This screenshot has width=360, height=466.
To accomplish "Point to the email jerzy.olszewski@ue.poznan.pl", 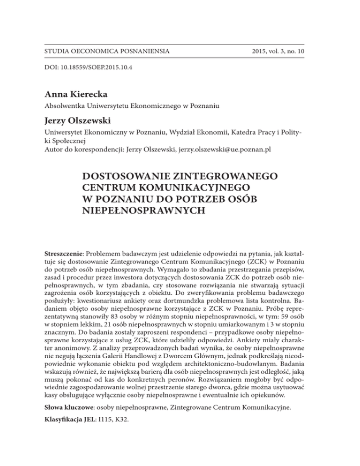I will (224, 150).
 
